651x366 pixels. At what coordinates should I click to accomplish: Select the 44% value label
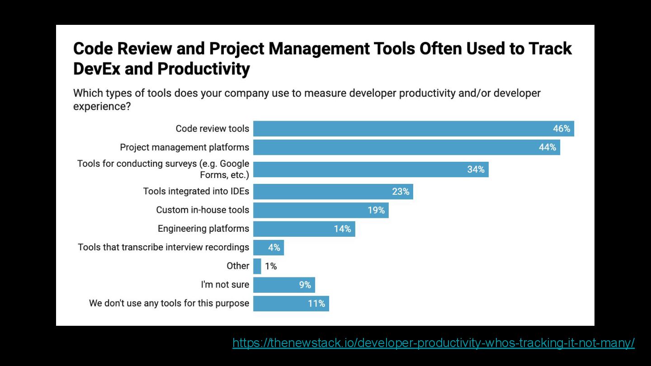pyautogui.click(x=547, y=147)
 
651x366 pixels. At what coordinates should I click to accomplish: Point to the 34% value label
pyautogui.click(x=476, y=169)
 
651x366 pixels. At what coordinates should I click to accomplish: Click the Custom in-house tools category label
pyautogui.click(x=203, y=210)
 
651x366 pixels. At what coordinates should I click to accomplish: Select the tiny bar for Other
pyautogui.click(x=257, y=266)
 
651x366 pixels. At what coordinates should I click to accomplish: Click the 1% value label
pyautogui.click(x=271, y=266)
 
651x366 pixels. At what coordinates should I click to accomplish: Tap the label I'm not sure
pyautogui.click(x=225, y=285)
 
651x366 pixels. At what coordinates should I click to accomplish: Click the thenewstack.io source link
pyautogui.click(x=433, y=343)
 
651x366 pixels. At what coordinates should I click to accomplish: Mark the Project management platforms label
pyautogui.click(x=184, y=147)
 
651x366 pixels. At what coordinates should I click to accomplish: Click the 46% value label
pyautogui.click(x=561, y=129)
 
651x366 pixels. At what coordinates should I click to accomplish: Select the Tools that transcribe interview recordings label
pyautogui.click(x=163, y=247)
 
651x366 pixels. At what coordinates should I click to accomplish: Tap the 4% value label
pyautogui.click(x=274, y=248)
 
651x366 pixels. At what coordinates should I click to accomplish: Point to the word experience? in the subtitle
pyautogui.click(x=102, y=107)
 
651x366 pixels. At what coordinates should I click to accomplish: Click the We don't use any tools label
pyautogui.click(x=169, y=303)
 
